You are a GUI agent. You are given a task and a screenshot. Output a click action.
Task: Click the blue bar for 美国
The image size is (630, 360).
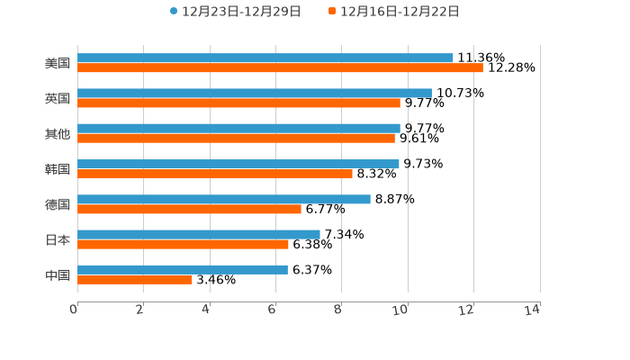tap(265, 58)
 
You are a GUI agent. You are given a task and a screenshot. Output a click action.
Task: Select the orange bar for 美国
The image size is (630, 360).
tap(280, 68)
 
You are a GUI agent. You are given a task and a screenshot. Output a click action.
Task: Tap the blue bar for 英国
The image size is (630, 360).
tap(255, 93)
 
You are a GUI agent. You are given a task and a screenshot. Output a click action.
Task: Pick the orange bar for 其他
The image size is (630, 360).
tap(236, 139)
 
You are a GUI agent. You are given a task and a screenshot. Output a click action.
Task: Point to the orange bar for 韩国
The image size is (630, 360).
tap(215, 174)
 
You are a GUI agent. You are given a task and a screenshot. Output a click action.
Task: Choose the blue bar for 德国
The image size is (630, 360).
tap(224, 199)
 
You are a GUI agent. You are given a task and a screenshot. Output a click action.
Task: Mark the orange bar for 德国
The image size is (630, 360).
tap(189, 209)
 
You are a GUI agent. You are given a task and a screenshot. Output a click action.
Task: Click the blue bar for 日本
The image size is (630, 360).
tap(199, 234)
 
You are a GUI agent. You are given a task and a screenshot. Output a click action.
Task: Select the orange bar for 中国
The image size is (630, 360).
tap(135, 280)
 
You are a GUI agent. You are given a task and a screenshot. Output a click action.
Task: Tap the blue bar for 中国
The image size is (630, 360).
tap(183, 269)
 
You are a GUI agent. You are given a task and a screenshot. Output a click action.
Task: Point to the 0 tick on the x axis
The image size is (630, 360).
tap(74, 310)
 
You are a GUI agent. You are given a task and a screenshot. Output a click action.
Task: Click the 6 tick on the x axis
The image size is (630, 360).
tap(272, 310)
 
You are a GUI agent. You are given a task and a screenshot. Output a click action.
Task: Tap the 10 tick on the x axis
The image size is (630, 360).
tap(400, 310)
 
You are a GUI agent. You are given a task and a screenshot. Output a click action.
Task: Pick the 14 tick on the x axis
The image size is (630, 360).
tap(533, 310)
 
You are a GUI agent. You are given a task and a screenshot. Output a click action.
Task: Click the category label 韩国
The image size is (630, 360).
tap(58, 169)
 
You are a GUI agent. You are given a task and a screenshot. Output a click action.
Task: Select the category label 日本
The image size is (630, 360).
tap(58, 239)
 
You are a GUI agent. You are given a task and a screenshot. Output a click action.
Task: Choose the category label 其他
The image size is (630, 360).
tap(58, 134)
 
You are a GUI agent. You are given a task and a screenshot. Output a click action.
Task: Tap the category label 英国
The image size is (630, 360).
tap(58, 98)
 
